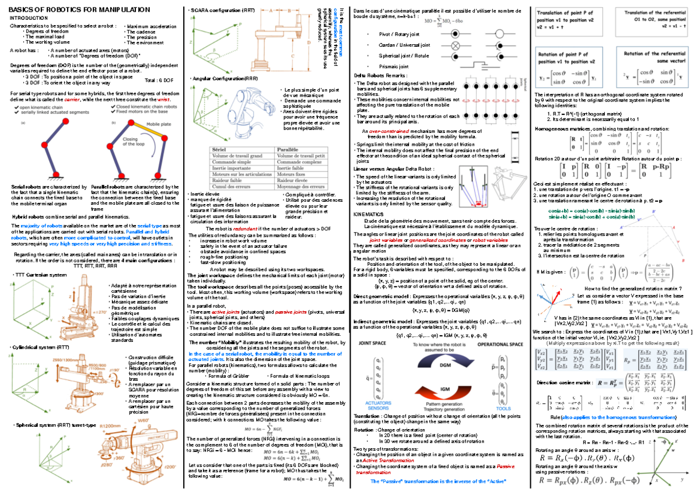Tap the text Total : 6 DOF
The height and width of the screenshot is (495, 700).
tap(159, 80)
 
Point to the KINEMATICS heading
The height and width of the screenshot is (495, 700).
tap(369, 213)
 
